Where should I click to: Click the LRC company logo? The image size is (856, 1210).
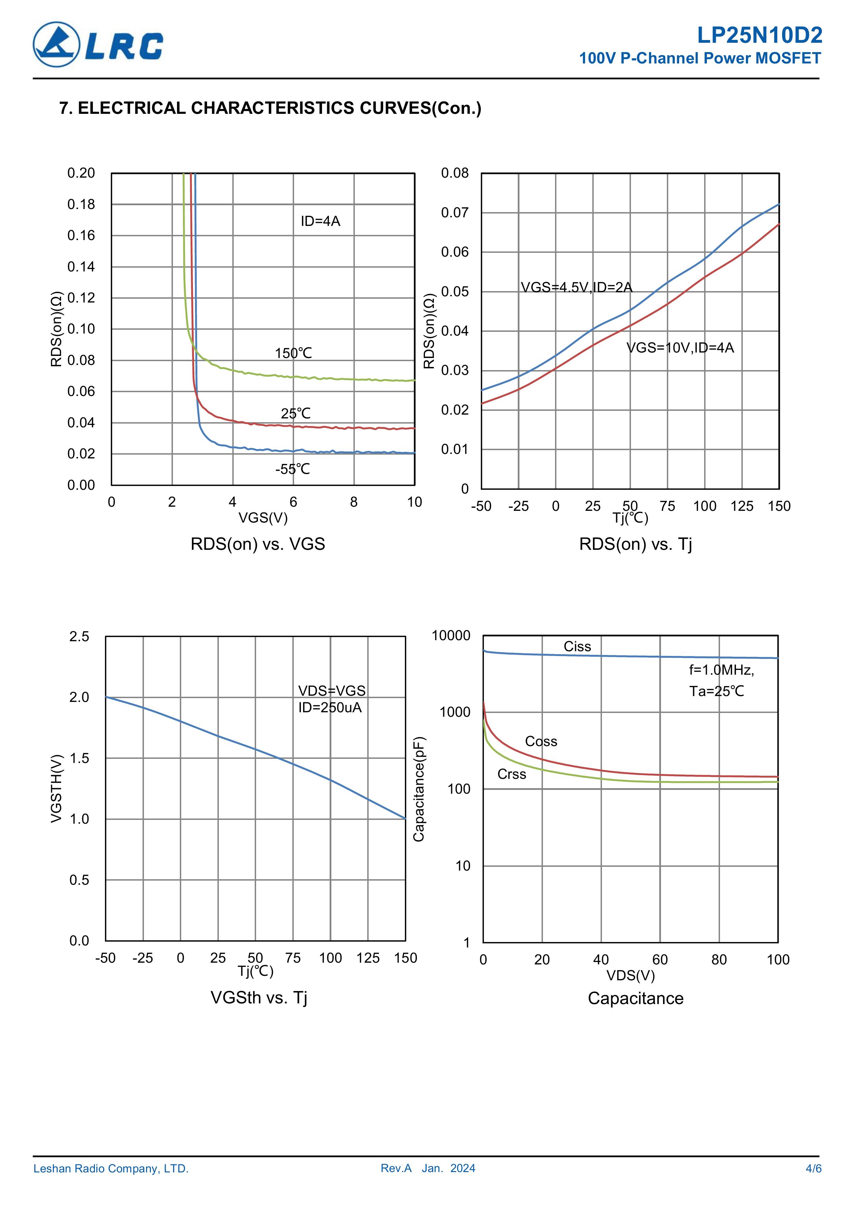pyautogui.click(x=98, y=45)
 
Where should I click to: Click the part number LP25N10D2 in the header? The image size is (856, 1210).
pyautogui.click(x=759, y=35)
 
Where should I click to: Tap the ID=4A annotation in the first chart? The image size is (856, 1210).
pyautogui.click(x=320, y=221)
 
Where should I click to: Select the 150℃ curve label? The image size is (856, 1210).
pyautogui.click(x=293, y=353)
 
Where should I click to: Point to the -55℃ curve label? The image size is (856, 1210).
pyautogui.click(x=292, y=469)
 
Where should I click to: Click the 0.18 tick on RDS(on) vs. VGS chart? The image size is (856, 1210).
pyautogui.click(x=81, y=205)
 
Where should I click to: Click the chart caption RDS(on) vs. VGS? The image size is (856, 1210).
pyautogui.click(x=257, y=544)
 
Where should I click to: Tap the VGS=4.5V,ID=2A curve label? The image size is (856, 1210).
pyautogui.click(x=576, y=287)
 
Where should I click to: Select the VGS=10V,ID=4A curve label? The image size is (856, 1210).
pyautogui.click(x=680, y=348)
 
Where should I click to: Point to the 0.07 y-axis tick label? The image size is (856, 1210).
pyautogui.click(x=455, y=213)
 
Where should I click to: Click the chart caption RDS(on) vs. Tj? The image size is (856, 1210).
pyautogui.click(x=635, y=544)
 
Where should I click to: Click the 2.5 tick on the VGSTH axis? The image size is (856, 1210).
pyautogui.click(x=79, y=637)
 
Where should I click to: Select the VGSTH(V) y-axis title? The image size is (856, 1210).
pyautogui.click(x=57, y=789)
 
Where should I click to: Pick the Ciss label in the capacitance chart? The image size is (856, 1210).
pyautogui.click(x=577, y=647)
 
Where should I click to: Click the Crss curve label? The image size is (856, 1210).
pyautogui.click(x=512, y=774)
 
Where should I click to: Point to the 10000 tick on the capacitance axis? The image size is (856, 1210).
pyautogui.click(x=451, y=636)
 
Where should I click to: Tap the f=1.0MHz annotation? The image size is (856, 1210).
pyautogui.click(x=721, y=670)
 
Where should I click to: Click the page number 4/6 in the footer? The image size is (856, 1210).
pyautogui.click(x=813, y=1168)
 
